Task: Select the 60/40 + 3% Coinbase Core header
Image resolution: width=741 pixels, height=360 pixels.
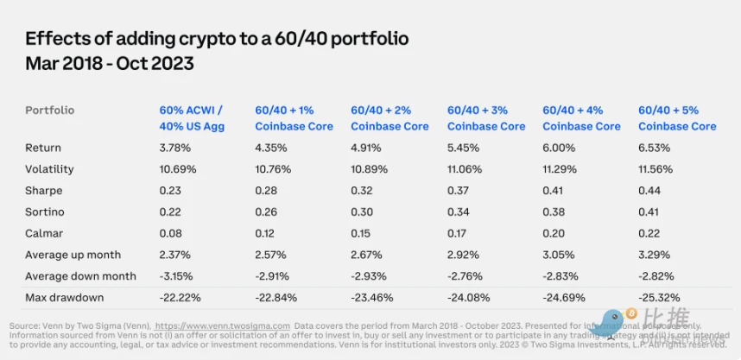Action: (x=486, y=118)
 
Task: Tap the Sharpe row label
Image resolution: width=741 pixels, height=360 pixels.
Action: (x=44, y=191)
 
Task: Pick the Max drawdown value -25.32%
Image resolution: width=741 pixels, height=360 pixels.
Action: (x=659, y=297)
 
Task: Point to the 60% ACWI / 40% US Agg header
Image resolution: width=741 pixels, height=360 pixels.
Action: (x=192, y=118)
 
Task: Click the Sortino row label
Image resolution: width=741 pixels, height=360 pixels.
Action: (x=45, y=212)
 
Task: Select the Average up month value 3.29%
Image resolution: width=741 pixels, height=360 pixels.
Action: (x=653, y=255)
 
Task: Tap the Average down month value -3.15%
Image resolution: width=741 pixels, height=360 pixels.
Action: (x=177, y=276)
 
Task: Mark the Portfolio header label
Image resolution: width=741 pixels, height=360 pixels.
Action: (x=49, y=111)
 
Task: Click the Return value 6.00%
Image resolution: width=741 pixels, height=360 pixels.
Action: (x=559, y=148)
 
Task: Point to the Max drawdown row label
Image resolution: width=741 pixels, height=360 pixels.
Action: (x=65, y=297)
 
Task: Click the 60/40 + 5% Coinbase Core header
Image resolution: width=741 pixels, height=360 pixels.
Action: (x=677, y=118)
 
